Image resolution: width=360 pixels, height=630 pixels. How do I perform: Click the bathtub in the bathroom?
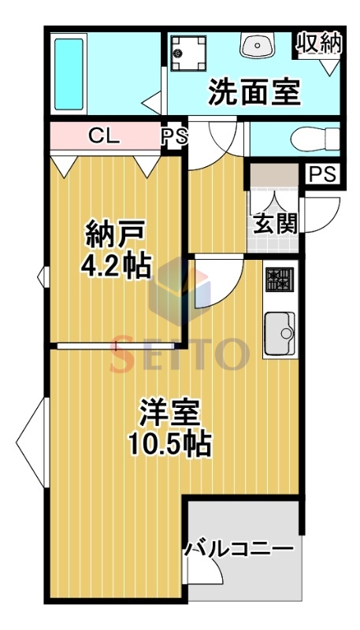point(69,74)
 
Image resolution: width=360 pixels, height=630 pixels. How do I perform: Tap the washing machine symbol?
point(187,53)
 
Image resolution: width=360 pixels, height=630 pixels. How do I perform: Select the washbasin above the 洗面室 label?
point(258,45)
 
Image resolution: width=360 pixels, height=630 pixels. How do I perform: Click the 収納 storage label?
point(319,43)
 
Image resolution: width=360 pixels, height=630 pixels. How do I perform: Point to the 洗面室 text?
point(254,92)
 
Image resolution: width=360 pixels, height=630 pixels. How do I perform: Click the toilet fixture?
point(315,139)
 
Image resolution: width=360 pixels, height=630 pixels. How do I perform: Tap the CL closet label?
point(104,136)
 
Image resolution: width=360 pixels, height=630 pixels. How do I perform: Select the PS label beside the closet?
point(175,136)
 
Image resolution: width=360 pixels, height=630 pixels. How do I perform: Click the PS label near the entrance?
point(324,174)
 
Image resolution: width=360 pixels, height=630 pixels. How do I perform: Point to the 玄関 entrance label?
point(275,223)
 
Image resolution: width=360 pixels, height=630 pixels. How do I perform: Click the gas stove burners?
point(280,280)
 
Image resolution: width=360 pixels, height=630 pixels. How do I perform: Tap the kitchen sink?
point(280,333)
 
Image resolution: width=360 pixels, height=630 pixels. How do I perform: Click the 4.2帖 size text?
point(116,265)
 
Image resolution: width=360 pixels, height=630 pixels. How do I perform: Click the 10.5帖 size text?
point(170,443)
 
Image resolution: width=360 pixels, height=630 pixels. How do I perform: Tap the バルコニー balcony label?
point(239,547)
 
